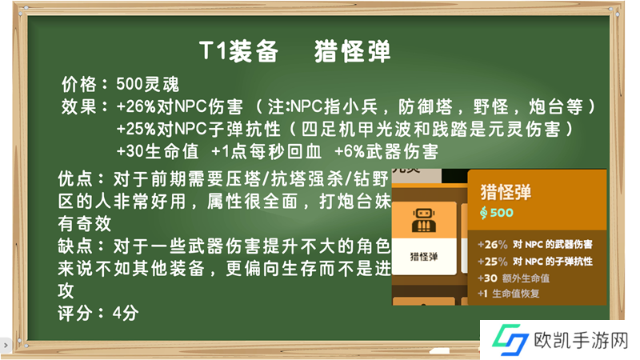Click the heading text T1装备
click(238, 51)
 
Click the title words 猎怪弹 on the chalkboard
click(353, 51)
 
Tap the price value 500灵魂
click(148, 85)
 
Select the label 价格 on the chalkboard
click(79, 85)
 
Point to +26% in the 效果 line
click(136, 107)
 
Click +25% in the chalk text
click(136, 130)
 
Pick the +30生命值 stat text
click(158, 151)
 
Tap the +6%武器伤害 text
click(386, 151)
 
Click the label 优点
click(75, 178)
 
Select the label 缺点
click(75, 246)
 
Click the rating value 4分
click(126, 314)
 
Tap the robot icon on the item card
click(424, 220)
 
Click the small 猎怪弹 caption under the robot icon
click(424, 256)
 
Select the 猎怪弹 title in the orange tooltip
click(506, 192)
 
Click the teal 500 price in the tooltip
click(502, 212)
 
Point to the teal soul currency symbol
click(484, 213)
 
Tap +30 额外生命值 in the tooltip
click(514, 278)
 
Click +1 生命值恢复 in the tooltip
click(509, 294)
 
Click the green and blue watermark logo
click(510, 339)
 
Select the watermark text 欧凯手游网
click(581, 340)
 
